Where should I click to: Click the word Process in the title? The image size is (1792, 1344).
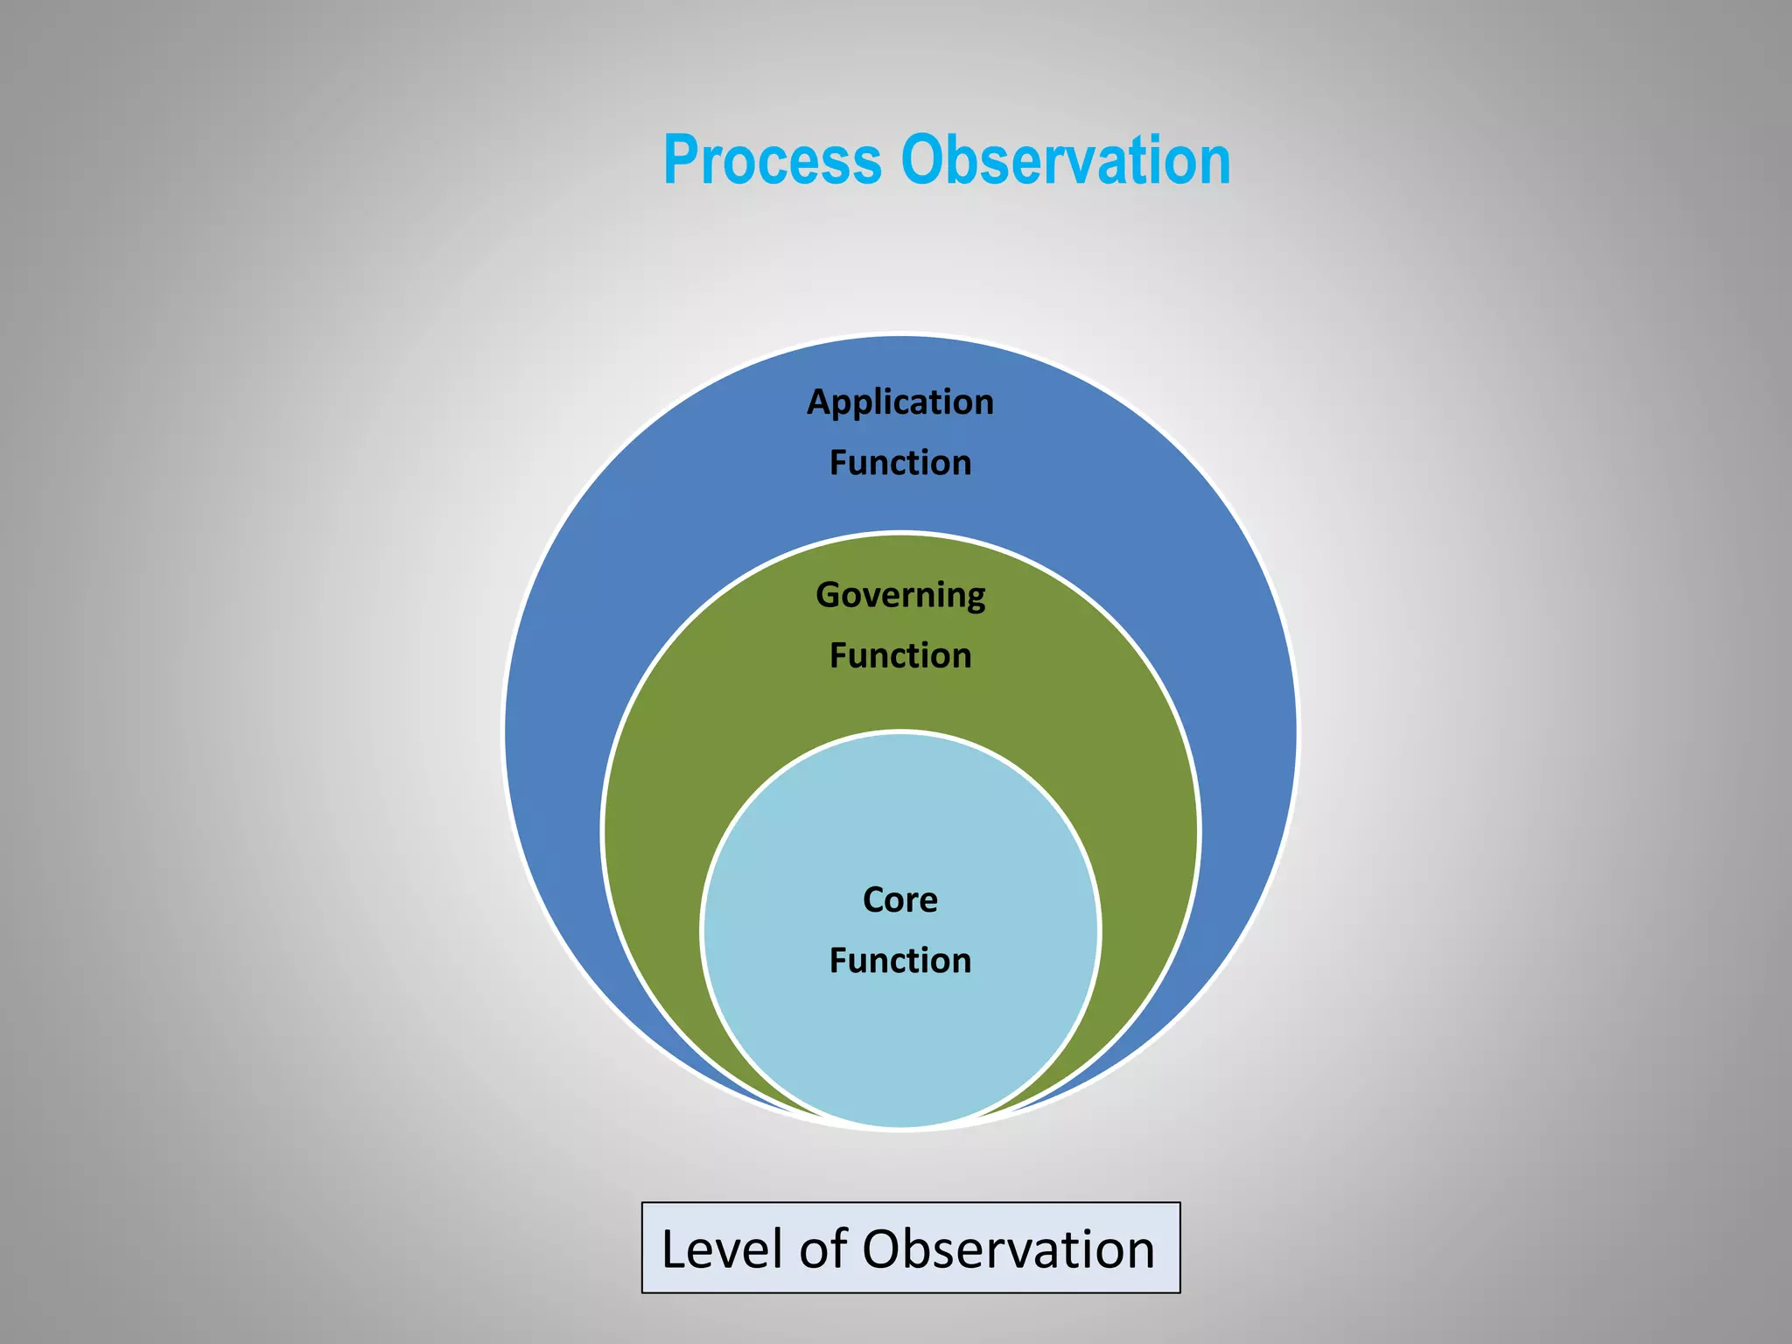(x=772, y=161)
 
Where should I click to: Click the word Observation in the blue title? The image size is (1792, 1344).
(x=1066, y=161)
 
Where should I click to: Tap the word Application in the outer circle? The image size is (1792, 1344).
(x=900, y=402)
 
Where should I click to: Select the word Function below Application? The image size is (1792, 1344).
(x=900, y=463)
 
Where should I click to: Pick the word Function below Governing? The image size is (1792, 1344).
(x=900, y=655)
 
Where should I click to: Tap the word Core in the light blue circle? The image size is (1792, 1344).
(x=900, y=899)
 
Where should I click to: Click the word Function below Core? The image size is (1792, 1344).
(x=900, y=961)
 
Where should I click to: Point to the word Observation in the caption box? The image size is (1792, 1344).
(x=1008, y=1249)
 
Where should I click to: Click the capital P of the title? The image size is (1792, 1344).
(x=681, y=161)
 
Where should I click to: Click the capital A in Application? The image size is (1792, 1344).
(x=818, y=402)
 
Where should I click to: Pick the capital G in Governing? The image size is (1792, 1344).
(x=828, y=595)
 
